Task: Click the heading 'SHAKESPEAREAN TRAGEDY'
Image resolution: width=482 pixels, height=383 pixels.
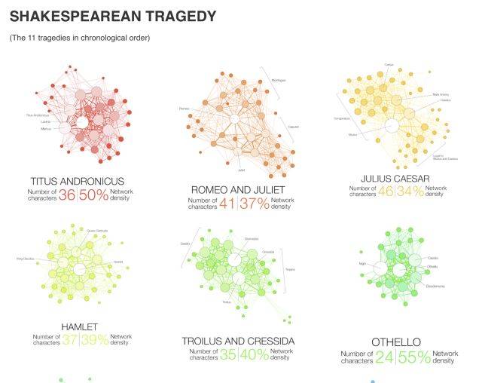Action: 113,16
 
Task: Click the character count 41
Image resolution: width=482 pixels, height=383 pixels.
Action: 227,204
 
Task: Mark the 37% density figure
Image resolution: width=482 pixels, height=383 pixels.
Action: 255,204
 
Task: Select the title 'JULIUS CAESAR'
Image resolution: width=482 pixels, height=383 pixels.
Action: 395,179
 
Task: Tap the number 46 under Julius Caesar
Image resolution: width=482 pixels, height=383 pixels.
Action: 386,191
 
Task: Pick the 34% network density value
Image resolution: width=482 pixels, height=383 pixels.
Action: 410,191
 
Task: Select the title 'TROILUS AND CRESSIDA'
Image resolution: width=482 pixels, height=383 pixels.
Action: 238,342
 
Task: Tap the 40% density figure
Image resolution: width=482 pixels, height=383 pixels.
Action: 254,355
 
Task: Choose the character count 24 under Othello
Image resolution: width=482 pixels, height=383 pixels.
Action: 385,357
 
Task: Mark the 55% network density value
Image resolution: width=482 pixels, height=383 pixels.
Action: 414,357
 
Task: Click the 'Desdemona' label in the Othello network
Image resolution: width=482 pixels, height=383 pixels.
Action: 436,286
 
